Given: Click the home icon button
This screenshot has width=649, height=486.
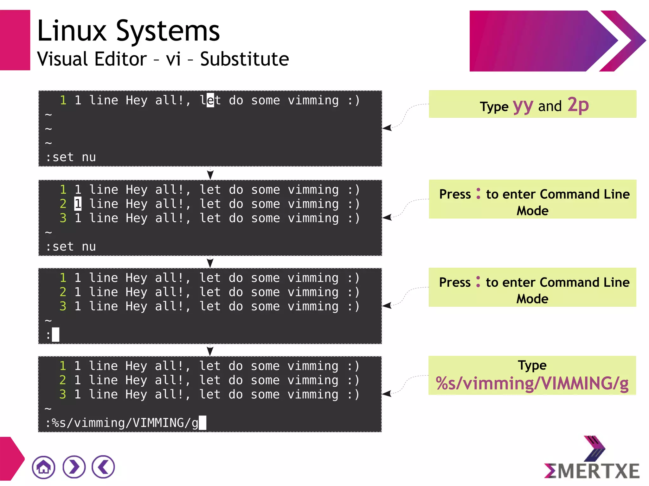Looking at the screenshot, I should coord(43,467).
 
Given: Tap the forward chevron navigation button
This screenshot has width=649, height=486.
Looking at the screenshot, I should coord(74,467).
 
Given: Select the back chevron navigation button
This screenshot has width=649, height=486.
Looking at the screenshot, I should coord(103,467).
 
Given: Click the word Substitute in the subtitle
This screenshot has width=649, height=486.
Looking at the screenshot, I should coord(244,59).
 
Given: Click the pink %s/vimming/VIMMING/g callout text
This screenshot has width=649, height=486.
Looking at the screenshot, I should coord(532,383).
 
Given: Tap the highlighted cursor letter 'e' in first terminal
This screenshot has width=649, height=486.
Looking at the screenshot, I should coord(210,100).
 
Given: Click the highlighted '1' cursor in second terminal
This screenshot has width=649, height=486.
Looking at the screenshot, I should coord(78,204).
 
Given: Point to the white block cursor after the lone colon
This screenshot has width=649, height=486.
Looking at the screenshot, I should coord(56,334).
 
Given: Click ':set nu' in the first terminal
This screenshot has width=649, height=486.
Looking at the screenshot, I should coord(71,157).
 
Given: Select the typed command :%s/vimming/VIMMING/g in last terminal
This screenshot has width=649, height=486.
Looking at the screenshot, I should coord(122,423).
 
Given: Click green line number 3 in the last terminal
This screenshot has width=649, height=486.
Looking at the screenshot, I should coord(63,394).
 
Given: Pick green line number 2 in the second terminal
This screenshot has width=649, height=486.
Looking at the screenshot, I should coord(63,204).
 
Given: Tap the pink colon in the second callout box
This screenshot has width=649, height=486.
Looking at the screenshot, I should coord(478,194).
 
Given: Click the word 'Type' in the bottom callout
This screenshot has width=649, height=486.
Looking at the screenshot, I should coord(532,365).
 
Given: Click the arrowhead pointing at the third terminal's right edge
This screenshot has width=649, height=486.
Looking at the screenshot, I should coord(387,306).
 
